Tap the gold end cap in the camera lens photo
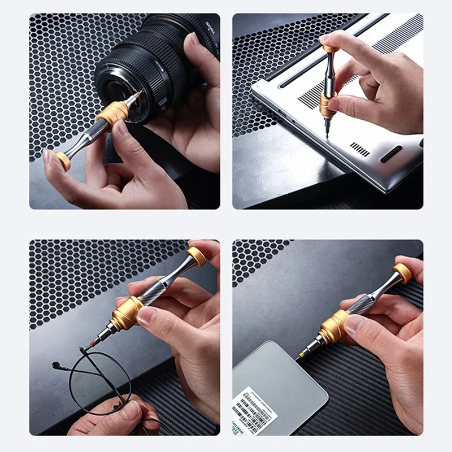pos(63,162)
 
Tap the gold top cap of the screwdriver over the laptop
pos(331,49)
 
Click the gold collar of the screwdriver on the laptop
pos(327,105)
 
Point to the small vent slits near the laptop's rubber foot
pos(359,149)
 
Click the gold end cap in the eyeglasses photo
pos(197,256)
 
